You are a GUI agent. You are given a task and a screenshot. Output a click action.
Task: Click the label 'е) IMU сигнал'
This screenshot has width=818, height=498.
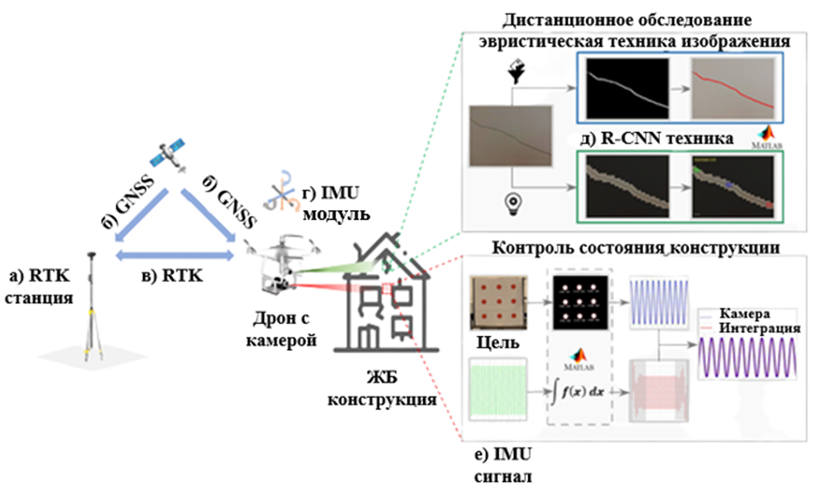[x=502, y=467]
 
